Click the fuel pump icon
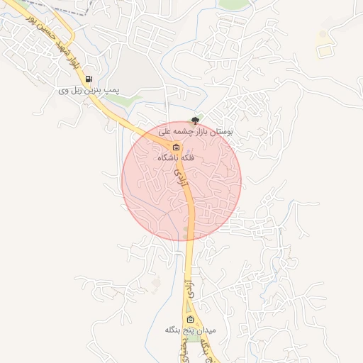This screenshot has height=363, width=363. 89,79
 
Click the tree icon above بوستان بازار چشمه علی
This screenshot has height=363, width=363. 196,121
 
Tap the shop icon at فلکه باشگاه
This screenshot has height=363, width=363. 175,147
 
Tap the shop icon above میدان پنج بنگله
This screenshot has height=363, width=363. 189,319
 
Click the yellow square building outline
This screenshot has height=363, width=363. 325,50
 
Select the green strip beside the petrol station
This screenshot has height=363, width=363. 121,101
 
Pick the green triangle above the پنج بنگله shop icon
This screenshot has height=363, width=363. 189,306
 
